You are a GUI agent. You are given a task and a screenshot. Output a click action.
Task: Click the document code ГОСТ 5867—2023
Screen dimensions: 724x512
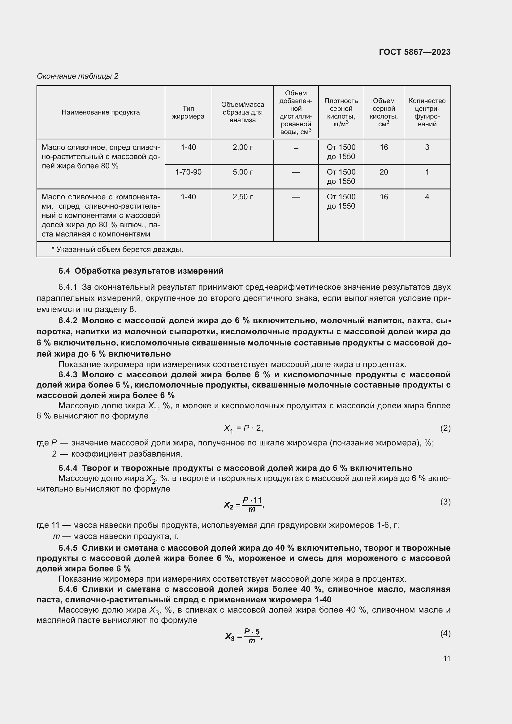point(414,52)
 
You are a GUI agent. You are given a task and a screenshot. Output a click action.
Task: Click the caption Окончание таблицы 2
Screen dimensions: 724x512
point(78,76)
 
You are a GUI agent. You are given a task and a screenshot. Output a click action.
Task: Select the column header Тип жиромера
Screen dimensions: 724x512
point(188,112)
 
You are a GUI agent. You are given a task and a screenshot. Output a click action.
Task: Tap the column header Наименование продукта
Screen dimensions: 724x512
point(101,112)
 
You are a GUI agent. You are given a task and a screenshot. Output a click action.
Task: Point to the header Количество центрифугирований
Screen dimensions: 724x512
point(427,112)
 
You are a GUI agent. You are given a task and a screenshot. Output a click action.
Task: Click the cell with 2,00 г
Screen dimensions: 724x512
point(242,147)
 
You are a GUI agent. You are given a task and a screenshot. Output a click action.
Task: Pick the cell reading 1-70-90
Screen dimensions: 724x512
point(188,172)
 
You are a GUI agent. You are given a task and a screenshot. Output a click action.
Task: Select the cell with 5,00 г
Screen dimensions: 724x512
point(242,172)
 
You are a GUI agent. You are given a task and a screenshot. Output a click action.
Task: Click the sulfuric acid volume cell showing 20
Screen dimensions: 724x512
point(384,172)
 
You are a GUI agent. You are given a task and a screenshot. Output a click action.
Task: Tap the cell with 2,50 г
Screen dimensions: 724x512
point(242,197)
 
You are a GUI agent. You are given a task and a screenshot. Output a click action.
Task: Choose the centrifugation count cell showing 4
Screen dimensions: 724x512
point(427,197)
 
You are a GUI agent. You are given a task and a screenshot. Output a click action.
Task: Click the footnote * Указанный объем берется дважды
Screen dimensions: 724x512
point(117,249)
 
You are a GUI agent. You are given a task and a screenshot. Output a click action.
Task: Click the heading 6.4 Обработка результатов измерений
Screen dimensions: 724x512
point(141,271)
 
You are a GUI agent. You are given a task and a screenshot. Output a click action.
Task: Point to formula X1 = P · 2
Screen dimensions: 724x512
point(243,428)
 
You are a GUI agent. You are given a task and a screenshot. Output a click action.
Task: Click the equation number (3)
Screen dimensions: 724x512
point(445,502)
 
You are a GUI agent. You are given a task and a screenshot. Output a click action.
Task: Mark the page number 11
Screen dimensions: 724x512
point(446,658)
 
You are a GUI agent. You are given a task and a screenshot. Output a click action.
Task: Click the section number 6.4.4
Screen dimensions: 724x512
point(68,468)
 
